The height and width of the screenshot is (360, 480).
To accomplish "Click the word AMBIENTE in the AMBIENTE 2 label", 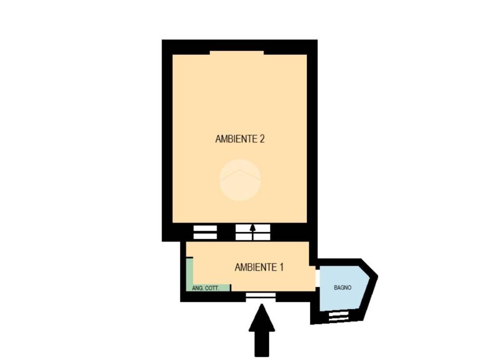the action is coord(236,139).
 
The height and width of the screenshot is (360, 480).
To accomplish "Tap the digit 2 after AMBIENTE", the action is coord(262,139).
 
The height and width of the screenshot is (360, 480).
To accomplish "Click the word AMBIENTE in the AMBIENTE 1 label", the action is coord(255,267).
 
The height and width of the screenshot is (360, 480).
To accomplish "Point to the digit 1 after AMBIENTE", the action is coord(281,267).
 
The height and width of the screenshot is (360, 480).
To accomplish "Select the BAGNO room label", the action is coord(343,288).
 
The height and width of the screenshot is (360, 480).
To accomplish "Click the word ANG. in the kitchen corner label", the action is coord(197,288).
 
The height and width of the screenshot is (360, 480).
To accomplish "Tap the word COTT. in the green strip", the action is coord(211,288).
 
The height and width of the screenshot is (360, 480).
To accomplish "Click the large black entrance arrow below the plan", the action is coord(262,330).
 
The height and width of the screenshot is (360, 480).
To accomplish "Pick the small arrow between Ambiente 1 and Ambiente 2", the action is coord(253,232).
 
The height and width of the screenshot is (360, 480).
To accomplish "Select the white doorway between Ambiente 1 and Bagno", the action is coord(318,278).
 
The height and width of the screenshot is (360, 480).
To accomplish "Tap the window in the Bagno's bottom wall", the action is coord(339,316).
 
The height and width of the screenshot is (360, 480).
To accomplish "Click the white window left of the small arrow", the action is coord(205,232).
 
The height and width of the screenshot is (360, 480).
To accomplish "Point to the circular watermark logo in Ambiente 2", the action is coord(240,180).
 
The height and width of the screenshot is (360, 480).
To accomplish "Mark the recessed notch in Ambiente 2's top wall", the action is coord(237,52).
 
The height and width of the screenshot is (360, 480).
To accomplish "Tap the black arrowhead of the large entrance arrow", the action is coord(262,317).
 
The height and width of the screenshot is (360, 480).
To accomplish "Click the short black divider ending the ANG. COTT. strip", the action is coord(231,288).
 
